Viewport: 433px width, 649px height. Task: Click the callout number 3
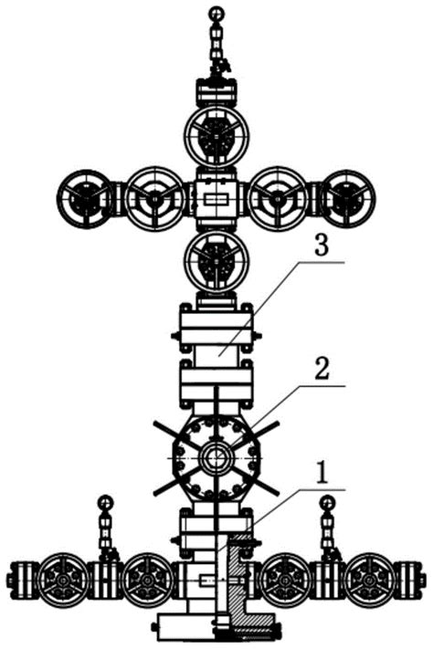coord(322,246)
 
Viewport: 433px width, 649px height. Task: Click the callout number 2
coord(322,369)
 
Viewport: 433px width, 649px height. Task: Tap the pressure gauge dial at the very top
coord(216,15)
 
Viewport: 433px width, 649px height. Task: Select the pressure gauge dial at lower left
coord(105,502)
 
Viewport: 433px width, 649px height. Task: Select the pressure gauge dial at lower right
coord(328,502)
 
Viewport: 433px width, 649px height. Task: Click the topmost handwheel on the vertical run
coord(216,137)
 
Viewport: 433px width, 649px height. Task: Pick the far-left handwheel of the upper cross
coord(85,199)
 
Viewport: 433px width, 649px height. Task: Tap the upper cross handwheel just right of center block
coord(278,199)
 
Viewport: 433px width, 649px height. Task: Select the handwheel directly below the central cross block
coord(216,261)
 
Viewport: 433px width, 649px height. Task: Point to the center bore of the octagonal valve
coord(216,458)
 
